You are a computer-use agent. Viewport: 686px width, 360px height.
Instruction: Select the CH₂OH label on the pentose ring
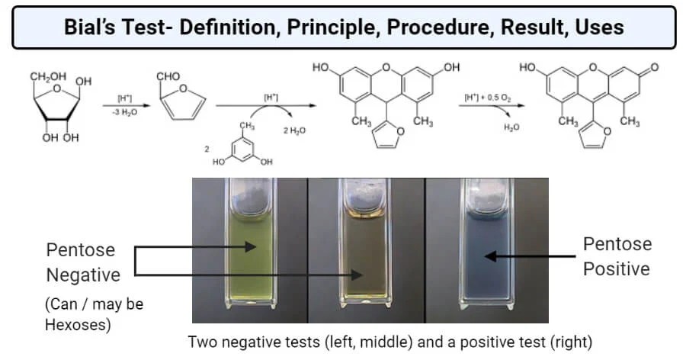46,78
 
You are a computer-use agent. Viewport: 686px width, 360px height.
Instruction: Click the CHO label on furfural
167,77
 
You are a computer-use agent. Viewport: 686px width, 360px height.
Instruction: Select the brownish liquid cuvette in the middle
364,252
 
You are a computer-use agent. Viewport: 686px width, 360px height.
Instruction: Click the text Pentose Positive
617,257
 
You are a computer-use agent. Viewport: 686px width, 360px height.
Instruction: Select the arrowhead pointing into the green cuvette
255,246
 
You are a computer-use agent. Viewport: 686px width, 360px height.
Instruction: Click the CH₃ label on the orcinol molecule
246,127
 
